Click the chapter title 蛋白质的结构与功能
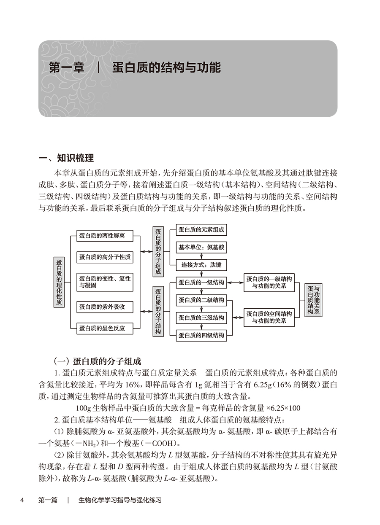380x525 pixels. point(166,68)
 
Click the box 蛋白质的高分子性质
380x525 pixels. point(105,257)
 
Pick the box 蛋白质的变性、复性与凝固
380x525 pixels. point(105,282)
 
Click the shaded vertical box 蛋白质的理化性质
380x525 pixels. point(59,282)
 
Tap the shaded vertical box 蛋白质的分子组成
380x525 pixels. point(158,251)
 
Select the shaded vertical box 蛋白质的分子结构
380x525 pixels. point(158,311)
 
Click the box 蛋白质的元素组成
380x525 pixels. point(201,230)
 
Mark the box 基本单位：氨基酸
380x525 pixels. point(201,247)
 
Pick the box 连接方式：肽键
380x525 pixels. point(201,265)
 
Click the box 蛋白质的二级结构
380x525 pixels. point(201,300)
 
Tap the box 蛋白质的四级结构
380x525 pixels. point(201,335)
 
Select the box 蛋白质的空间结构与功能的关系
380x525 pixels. point(269,317)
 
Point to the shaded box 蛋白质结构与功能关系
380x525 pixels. point(313,300)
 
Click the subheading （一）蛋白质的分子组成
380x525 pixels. point(98,361)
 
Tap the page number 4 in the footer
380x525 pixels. point(22,501)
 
